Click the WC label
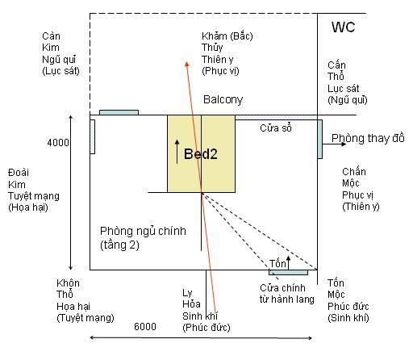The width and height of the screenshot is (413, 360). (343, 27)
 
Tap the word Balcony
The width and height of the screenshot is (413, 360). (223, 99)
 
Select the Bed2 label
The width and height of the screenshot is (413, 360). (201, 154)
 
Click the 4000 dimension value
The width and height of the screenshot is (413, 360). (58, 142)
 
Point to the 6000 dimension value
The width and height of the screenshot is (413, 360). (145, 326)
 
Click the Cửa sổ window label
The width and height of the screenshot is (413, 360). (276, 128)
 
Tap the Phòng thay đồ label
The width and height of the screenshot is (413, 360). (368, 138)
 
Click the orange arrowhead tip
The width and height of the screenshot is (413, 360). (186, 62)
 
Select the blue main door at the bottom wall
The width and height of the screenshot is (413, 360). (288, 273)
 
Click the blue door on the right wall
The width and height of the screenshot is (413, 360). (320, 139)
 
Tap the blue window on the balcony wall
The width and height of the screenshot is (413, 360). (119, 112)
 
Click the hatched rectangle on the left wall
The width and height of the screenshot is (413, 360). (93, 136)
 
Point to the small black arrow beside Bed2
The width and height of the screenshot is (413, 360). (177, 152)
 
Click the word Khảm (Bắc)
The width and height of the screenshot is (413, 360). (227, 36)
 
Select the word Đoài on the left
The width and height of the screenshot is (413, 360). (19, 173)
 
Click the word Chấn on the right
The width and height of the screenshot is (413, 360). (354, 171)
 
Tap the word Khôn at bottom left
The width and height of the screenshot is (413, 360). (68, 283)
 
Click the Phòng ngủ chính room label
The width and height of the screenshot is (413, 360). (143, 231)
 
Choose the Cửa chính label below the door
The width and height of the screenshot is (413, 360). (282, 288)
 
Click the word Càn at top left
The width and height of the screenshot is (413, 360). (51, 36)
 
